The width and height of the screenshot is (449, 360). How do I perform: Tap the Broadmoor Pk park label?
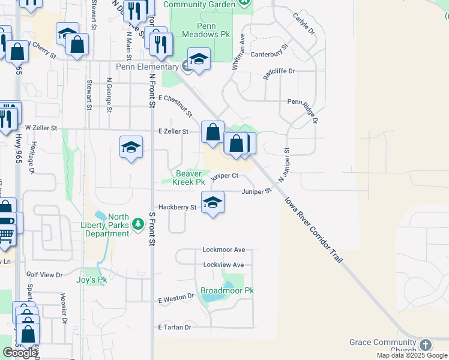tap(227, 290)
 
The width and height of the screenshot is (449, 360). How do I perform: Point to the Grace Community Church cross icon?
tap(425, 345)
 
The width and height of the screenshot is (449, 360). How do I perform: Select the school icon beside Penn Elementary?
tap(199, 59)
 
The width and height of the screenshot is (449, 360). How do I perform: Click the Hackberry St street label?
tap(177, 208)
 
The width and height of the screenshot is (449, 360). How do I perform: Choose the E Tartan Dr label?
tap(174, 327)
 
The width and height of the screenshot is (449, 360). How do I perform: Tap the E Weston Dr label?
tap(176, 297)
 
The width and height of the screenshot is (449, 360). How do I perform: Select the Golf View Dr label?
tap(44, 274)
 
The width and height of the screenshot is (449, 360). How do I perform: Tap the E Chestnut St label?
tap(175, 106)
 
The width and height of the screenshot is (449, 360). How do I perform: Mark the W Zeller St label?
tap(41, 128)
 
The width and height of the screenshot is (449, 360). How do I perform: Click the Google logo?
tap(20, 353)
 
